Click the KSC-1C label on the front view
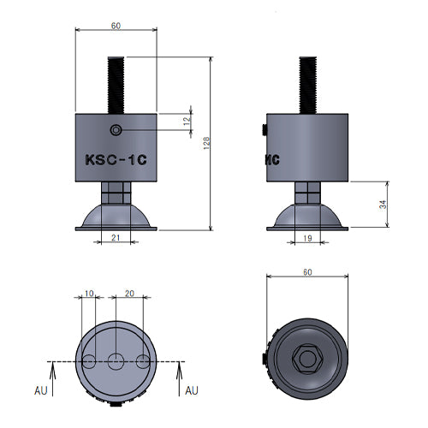point(116,160)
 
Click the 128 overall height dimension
point(206,143)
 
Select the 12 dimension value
point(187,122)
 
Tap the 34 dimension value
point(383,205)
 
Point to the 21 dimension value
point(116,237)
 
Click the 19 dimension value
point(307,238)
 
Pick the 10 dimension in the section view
point(89,294)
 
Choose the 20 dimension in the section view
point(129,294)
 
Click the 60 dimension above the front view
point(116,26)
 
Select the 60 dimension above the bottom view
point(307,272)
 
